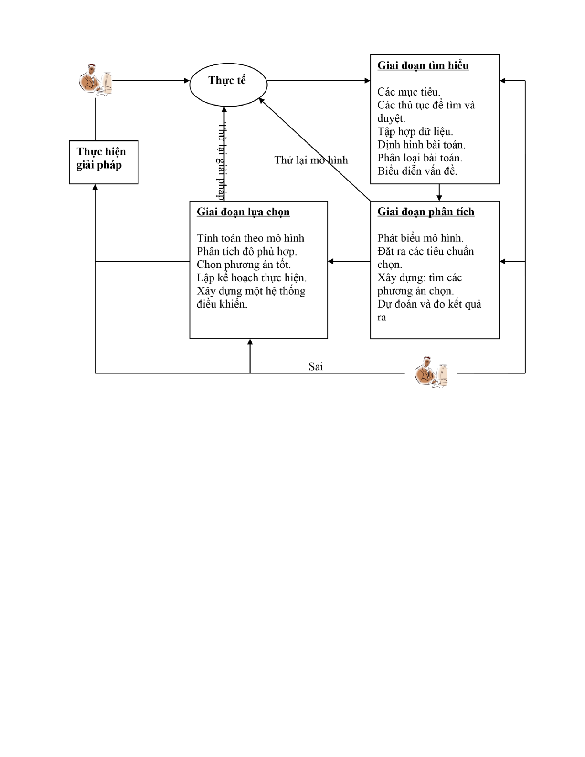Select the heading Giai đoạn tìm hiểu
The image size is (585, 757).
[x=423, y=66]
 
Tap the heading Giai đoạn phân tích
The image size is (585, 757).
[x=426, y=212]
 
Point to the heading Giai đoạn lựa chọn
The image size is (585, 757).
[x=243, y=212]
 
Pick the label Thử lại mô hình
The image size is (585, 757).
[x=311, y=160]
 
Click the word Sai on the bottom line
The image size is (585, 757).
[x=316, y=366]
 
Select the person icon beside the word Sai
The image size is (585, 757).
[x=431, y=372]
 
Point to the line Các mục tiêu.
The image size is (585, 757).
[x=409, y=92]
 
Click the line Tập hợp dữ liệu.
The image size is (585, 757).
[x=415, y=132]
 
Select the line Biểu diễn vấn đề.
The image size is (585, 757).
[x=417, y=171]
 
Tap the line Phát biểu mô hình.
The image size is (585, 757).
[x=420, y=238]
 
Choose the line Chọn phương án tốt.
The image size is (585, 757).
[x=244, y=265]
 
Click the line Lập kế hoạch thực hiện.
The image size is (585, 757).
[x=251, y=278]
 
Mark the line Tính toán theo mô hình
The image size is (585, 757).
[x=250, y=238]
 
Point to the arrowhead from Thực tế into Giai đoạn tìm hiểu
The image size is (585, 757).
[x=367, y=81]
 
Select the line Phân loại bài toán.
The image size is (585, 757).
[x=420, y=158]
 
